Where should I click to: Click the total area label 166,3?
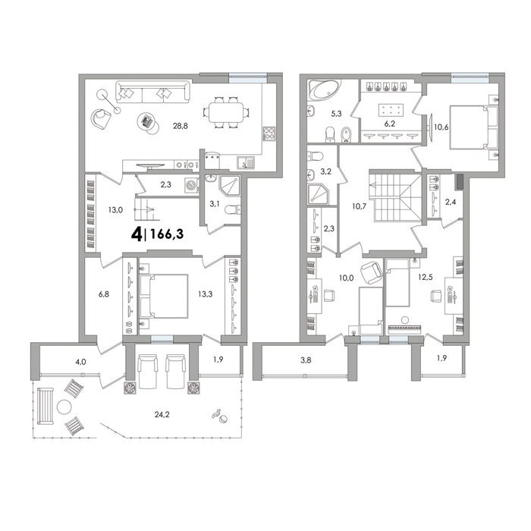167,234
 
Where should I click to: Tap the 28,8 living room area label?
181,126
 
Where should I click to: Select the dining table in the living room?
226,112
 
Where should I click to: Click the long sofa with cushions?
152,92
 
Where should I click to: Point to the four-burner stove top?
269,134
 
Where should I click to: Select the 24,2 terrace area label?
162,414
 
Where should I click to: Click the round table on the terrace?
64,407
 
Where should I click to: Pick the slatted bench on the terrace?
46,406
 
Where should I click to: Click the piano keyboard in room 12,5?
404,329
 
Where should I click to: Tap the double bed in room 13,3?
164,297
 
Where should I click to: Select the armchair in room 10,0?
371,273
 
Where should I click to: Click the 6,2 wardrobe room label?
389,124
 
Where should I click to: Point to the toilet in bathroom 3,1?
232,210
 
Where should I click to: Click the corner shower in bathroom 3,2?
318,194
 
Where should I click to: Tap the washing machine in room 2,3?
191,186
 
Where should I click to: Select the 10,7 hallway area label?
359,206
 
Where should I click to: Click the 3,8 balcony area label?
306,360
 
